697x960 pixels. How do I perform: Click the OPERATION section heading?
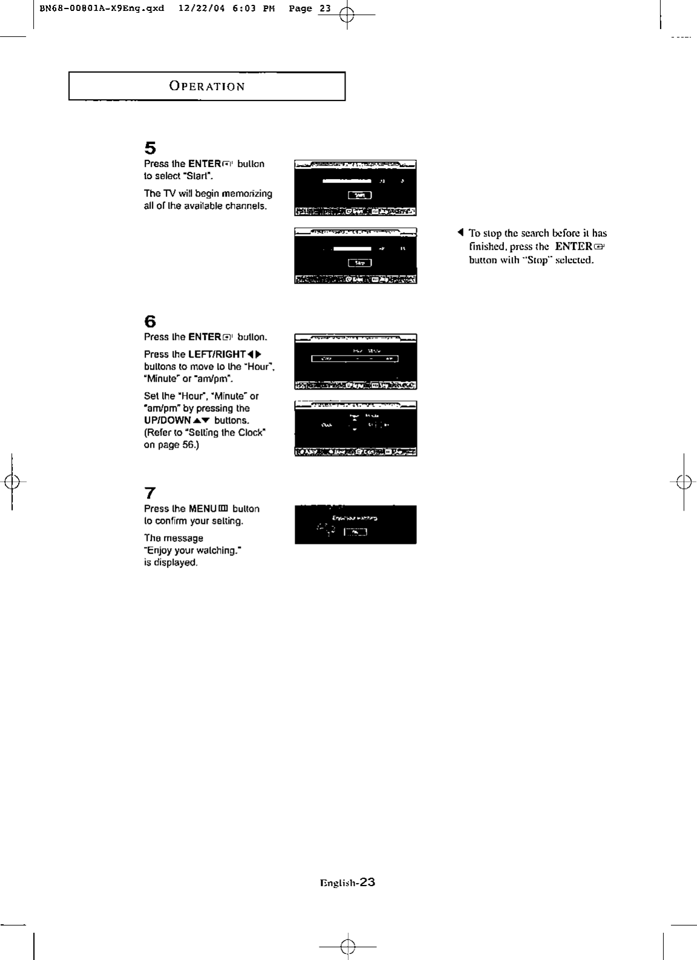(x=207, y=87)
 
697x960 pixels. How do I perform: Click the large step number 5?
(x=150, y=148)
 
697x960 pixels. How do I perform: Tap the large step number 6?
(x=150, y=322)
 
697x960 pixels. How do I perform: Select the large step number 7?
(x=150, y=493)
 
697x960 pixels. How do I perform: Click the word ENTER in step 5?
(x=205, y=164)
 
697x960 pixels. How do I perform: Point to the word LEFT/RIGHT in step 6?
(x=217, y=354)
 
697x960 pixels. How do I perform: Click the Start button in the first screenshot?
(x=360, y=195)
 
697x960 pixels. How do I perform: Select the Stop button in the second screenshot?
(x=360, y=263)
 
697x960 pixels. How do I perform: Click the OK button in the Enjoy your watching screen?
(x=355, y=532)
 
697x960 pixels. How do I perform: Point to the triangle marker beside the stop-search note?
(x=460, y=233)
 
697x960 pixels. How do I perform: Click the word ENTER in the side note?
(x=573, y=246)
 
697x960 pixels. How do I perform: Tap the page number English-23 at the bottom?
(x=347, y=883)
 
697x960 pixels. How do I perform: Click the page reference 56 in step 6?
(x=188, y=445)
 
